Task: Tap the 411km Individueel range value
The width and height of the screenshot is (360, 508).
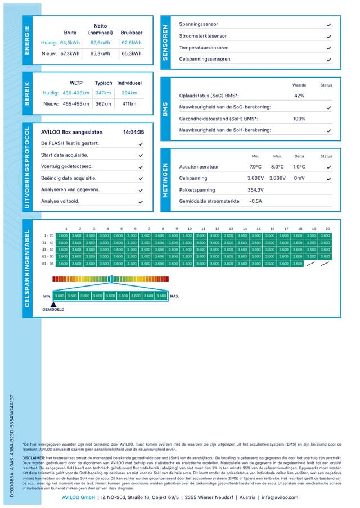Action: tap(129, 104)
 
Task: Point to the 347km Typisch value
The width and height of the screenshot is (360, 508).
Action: tap(103, 93)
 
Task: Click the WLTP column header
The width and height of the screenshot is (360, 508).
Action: tap(76, 83)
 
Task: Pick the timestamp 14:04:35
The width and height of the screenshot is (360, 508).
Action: tap(134, 133)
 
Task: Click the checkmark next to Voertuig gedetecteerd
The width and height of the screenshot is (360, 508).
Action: tap(141, 167)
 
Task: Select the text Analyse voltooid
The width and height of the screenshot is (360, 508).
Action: tap(61, 201)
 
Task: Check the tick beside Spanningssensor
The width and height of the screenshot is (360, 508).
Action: tap(329, 25)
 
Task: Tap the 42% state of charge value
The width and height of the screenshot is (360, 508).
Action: tap(299, 96)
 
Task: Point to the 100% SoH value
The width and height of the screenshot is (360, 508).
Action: tap(299, 119)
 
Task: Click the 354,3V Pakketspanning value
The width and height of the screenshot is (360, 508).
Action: tap(256, 189)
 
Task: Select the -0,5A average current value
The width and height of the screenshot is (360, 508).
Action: tap(255, 201)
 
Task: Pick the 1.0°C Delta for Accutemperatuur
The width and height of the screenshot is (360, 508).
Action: tap(299, 167)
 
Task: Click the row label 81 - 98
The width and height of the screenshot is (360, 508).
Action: tap(48, 263)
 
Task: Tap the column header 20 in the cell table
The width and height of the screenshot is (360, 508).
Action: tap(327, 229)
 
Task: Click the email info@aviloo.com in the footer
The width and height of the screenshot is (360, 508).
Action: tap(280, 497)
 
